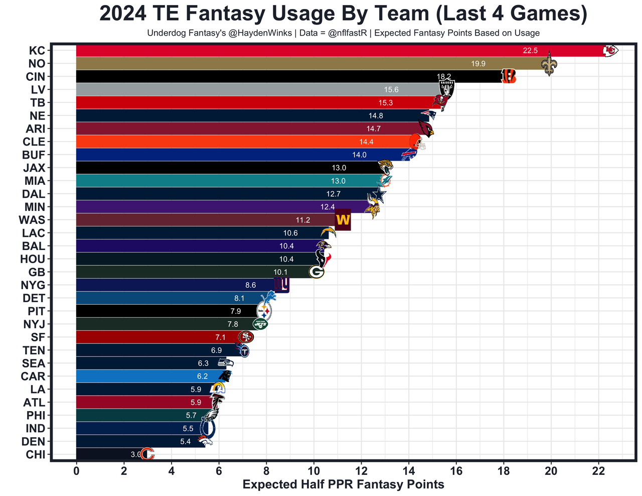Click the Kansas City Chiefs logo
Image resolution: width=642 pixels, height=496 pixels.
pyautogui.click(x=610, y=50)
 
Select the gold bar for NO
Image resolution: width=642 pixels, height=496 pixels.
pyautogui.click(x=301, y=64)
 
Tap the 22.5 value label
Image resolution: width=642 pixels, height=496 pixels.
pyautogui.click(x=530, y=51)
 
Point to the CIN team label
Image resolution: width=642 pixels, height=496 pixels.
pyautogui.click(x=36, y=77)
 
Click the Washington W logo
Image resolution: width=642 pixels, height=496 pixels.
pyautogui.click(x=343, y=220)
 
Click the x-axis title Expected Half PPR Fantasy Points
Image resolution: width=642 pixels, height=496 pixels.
pyautogui.click(x=343, y=484)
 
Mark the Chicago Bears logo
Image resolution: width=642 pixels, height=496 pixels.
pyautogui.click(x=147, y=454)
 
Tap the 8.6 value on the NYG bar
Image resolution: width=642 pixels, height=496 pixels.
pyautogui.click(x=250, y=285)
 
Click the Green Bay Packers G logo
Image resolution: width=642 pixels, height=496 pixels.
pyautogui.click(x=316, y=272)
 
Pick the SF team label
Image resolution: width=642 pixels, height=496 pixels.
pyautogui.click(x=38, y=337)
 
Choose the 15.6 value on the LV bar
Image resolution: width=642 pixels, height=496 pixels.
pyautogui.click(x=391, y=90)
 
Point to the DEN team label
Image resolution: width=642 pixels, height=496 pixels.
pyautogui.click(x=34, y=442)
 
